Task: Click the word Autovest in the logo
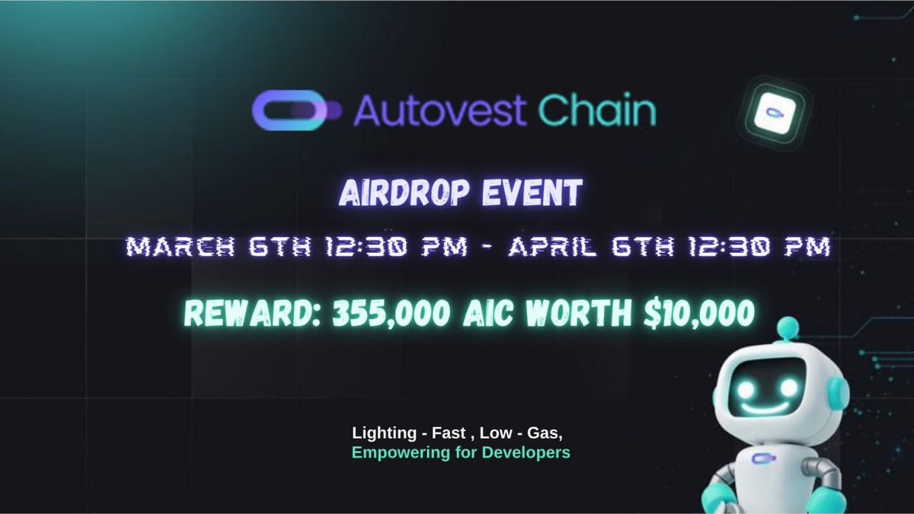tap(439, 110)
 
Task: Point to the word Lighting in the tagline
tap(378, 434)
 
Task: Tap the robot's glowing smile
tap(762, 404)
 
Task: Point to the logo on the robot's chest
tap(759, 458)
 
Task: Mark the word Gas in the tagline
tap(544, 433)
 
